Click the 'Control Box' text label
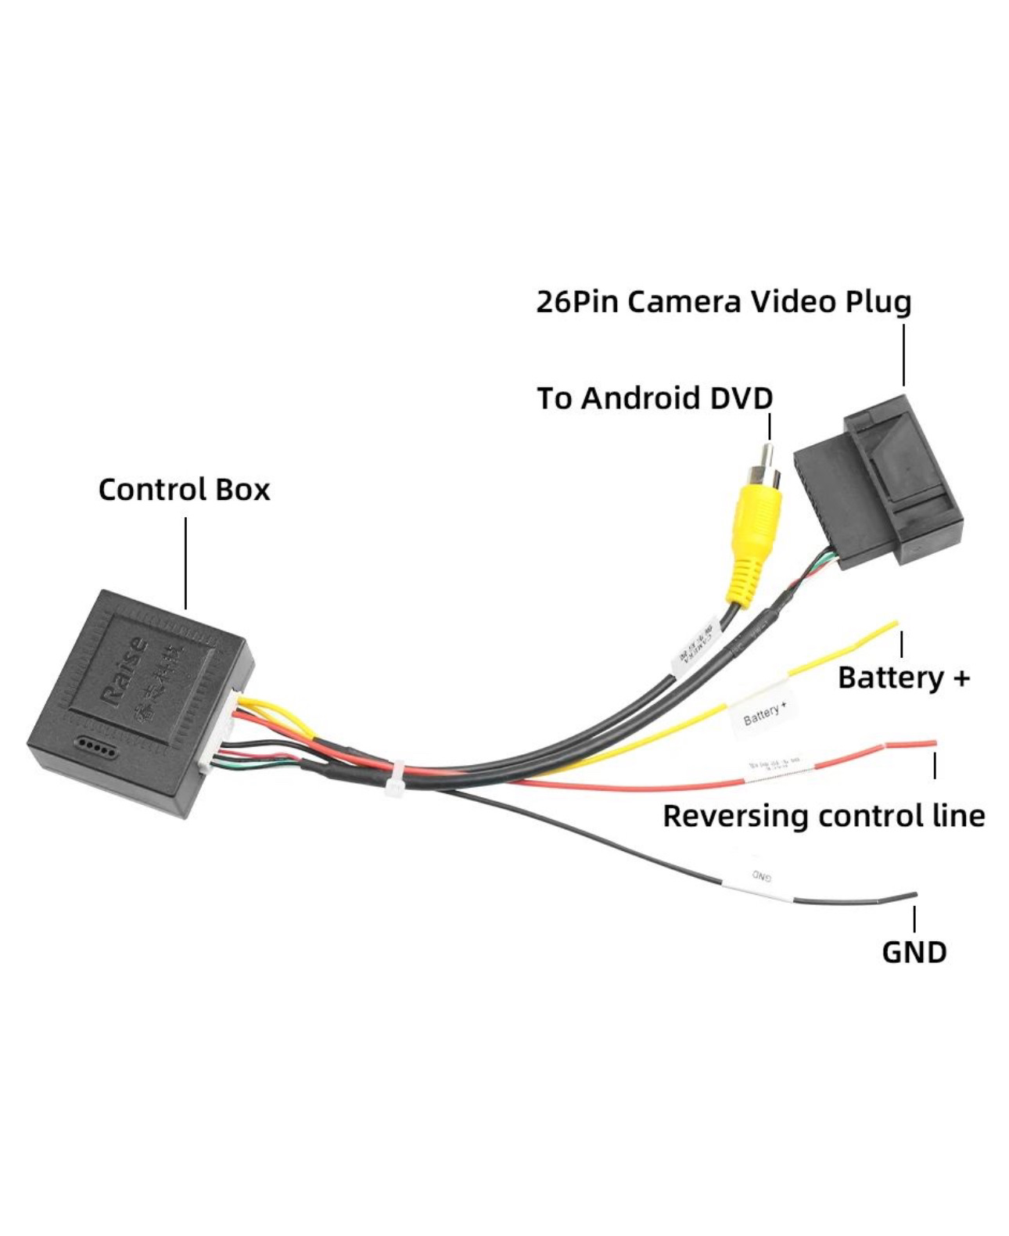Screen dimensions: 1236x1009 [x=184, y=490]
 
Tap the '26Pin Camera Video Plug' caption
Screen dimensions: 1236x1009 [x=724, y=301]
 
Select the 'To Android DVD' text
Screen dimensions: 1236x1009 [x=655, y=398]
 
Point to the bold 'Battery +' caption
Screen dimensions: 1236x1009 [x=903, y=677]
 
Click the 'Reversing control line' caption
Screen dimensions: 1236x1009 [x=824, y=816]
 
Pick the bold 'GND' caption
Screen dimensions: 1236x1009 [x=914, y=952]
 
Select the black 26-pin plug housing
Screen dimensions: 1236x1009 [x=880, y=485]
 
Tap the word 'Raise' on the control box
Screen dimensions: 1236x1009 [x=125, y=670]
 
